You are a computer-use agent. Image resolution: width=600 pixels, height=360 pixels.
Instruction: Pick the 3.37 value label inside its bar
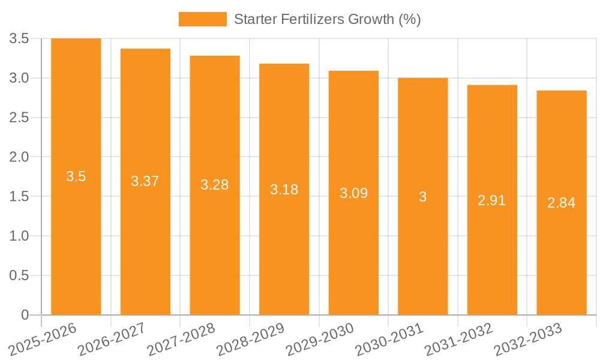coord(145,181)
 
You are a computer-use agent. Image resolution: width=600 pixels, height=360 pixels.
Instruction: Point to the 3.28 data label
coord(215,185)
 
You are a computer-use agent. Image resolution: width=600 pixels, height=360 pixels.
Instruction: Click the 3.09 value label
coord(353,193)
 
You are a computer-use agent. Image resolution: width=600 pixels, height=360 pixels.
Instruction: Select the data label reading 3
coord(423,197)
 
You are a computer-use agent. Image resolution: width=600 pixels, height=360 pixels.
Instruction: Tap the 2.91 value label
coord(492,200)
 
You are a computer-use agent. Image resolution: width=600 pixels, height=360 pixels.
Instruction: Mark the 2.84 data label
coord(562,203)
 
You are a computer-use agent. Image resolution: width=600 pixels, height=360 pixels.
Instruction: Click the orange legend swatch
coord(203,19)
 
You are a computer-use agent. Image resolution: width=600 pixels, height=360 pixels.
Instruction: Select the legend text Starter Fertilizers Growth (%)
coord(327,19)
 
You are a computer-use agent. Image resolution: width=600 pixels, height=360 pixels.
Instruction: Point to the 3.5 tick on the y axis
coord(20,39)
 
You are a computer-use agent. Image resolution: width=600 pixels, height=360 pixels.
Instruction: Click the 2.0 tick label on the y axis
coord(20,157)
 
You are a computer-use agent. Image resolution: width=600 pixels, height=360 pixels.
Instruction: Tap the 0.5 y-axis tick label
coord(20,275)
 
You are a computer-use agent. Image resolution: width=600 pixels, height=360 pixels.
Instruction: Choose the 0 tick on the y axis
coord(25,315)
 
